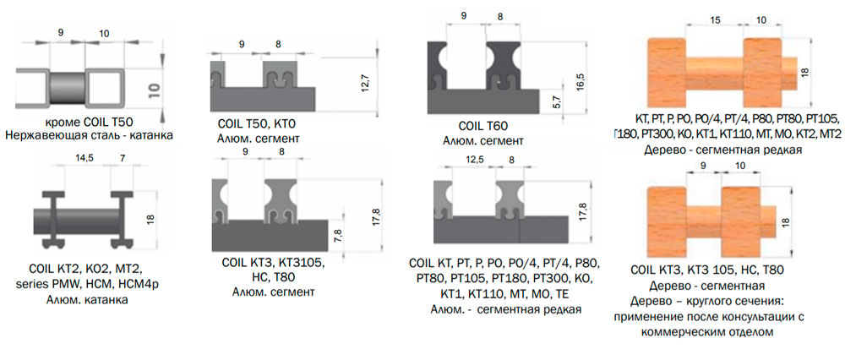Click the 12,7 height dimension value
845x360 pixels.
point(364,85)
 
